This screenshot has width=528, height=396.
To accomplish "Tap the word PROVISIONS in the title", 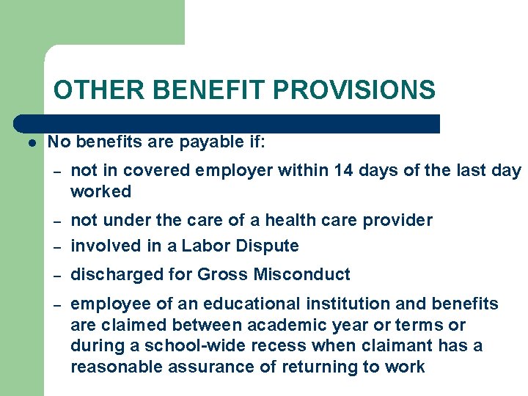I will click(x=354, y=90).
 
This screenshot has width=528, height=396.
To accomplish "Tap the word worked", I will click(x=100, y=192).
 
